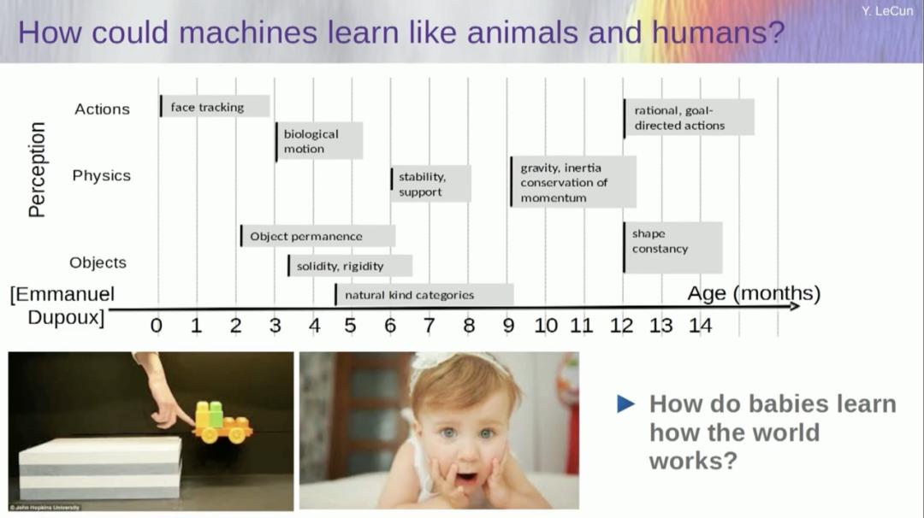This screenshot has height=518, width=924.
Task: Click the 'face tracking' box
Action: (x=215, y=107)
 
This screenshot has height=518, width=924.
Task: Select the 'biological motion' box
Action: (x=319, y=141)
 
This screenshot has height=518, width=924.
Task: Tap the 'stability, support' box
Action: (x=431, y=185)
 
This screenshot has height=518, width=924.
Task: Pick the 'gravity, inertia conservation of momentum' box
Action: (x=573, y=182)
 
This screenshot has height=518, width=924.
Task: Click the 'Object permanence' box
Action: (x=317, y=236)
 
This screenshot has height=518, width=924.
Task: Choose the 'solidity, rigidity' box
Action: (x=350, y=266)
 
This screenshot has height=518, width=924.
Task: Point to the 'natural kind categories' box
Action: (x=423, y=295)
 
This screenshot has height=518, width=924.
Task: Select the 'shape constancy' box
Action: (x=672, y=247)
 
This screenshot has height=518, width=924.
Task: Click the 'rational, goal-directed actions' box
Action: (x=689, y=117)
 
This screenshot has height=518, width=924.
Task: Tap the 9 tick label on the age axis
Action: (x=508, y=325)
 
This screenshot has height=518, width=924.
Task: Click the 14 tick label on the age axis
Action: (x=700, y=325)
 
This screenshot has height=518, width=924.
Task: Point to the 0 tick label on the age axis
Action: (x=156, y=325)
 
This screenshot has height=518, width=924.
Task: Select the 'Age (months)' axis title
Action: (x=753, y=294)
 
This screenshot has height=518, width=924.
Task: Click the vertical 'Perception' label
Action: (x=37, y=169)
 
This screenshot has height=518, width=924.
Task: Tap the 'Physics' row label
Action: (x=101, y=175)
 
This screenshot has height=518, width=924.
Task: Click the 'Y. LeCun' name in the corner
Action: (x=892, y=11)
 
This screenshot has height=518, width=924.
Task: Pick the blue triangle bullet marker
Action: (x=626, y=403)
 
